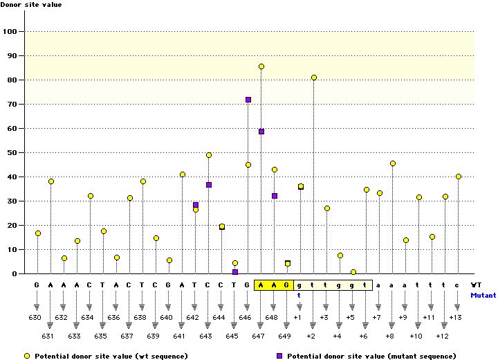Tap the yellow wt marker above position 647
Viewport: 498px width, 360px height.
pyautogui.click(x=261, y=66)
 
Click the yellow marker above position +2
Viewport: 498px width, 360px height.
pyautogui.click(x=314, y=78)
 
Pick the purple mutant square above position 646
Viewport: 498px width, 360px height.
pyautogui.click(x=248, y=100)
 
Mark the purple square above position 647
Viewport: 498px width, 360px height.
pyautogui.click(x=261, y=132)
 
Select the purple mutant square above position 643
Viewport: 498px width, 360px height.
pyautogui.click(x=209, y=185)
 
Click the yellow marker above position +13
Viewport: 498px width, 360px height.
pyautogui.click(x=459, y=177)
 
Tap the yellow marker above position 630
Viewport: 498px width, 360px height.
pyautogui.click(x=38, y=233)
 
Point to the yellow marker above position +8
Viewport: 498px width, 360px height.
pyautogui.click(x=393, y=163)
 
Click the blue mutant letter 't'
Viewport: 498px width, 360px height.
pyautogui.click(x=299, y=294)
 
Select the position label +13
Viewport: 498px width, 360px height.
pyautogui.click(x=455, y=317)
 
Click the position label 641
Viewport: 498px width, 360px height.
pyautogui.click(x=180, y=336)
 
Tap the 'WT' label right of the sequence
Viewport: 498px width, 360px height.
pyautogui.click(x=477, y=285)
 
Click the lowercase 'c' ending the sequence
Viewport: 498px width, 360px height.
pyautogui.click(x=457, y=285)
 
